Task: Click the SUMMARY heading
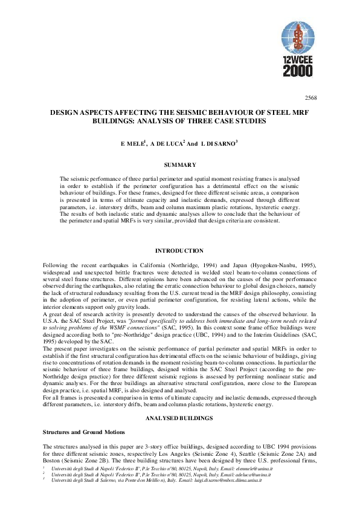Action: click(179, 164)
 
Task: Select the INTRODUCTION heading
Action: click(179, 250)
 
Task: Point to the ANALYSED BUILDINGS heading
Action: click(179, 402)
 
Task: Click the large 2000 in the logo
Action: click(298, 72)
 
